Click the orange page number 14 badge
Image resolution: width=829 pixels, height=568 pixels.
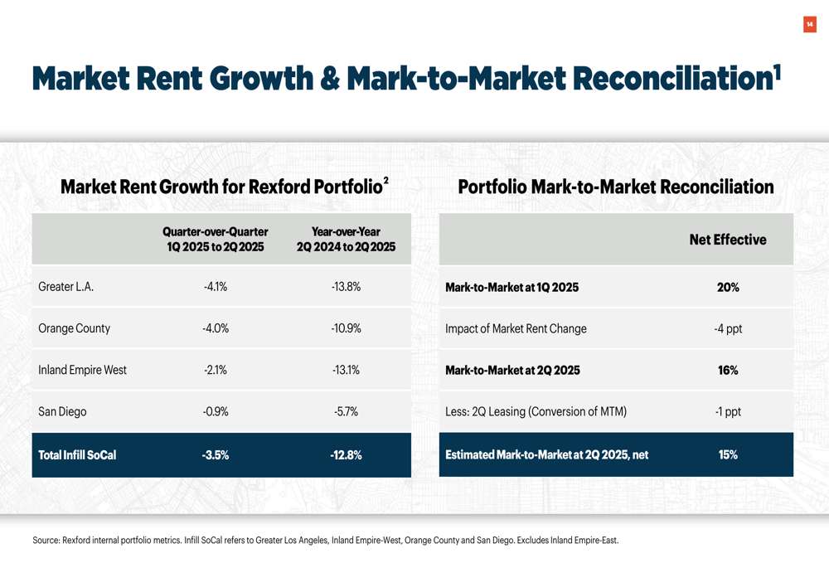[x=810, y=25]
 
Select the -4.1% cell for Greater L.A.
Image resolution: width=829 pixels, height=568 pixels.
[x=216, y=287]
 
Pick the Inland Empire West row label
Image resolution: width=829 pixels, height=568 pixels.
[x=82, y=370]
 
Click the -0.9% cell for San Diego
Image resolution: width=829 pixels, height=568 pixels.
[x=216, y=411]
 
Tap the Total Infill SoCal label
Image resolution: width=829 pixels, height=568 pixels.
[x=77, y=454]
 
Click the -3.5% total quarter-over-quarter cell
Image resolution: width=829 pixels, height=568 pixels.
[x=216, y=454]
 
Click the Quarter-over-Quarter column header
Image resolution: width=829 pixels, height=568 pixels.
[x=216, y=240]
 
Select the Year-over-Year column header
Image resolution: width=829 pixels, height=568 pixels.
[x=346, y=240]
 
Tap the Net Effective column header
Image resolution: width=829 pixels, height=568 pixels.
[x=728, y=240]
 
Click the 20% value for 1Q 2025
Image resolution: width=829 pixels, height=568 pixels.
[x=728, y=287]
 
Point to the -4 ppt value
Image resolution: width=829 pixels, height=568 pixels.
[x=728, y=328]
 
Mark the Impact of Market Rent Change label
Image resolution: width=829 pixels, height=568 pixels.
[x=516, y=328]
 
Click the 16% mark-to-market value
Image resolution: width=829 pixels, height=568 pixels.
[x=728, y=370]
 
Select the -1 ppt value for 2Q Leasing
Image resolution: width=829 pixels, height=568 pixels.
[x=728, y=411]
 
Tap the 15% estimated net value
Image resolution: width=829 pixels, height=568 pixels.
[x=728, y=454]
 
